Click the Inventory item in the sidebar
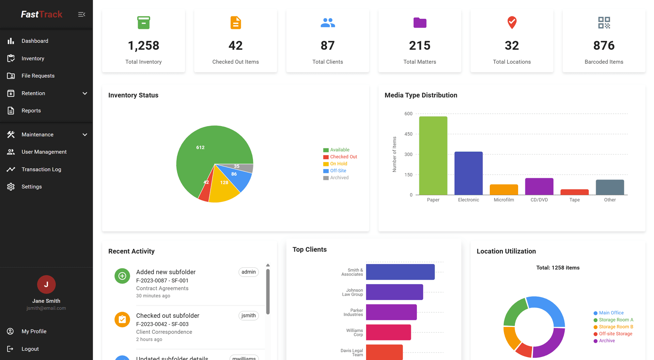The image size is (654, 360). [33, 58]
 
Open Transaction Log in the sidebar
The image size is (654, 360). [41, 169]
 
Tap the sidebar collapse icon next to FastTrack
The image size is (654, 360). [81, 14]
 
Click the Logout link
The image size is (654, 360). [30, 349]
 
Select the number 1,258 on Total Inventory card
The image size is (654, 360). [143, 46]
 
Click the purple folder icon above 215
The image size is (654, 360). [420, 23]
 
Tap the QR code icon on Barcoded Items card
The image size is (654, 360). [604, 23]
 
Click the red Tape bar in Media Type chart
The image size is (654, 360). [574, 192]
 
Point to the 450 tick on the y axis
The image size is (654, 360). [408, 134]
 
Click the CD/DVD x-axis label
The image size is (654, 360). [539, 200]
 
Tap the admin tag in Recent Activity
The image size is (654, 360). [248, 272]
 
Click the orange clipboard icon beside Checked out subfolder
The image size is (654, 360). [122, 319]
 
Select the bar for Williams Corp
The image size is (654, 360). [388, 332]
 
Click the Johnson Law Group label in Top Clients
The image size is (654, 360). [353, 292]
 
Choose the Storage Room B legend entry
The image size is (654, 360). [616, 327]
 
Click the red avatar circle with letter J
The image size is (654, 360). [46, 284]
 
